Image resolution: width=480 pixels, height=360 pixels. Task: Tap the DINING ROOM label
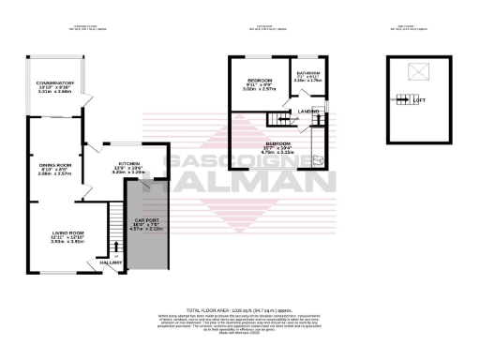click(x=42, y=164)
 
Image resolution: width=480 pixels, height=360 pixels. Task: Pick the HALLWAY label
click(x=111, y=263)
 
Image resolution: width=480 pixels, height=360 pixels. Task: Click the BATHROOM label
click(x=308, y=72)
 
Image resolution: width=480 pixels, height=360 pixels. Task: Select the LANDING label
click(x=307, y=112)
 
